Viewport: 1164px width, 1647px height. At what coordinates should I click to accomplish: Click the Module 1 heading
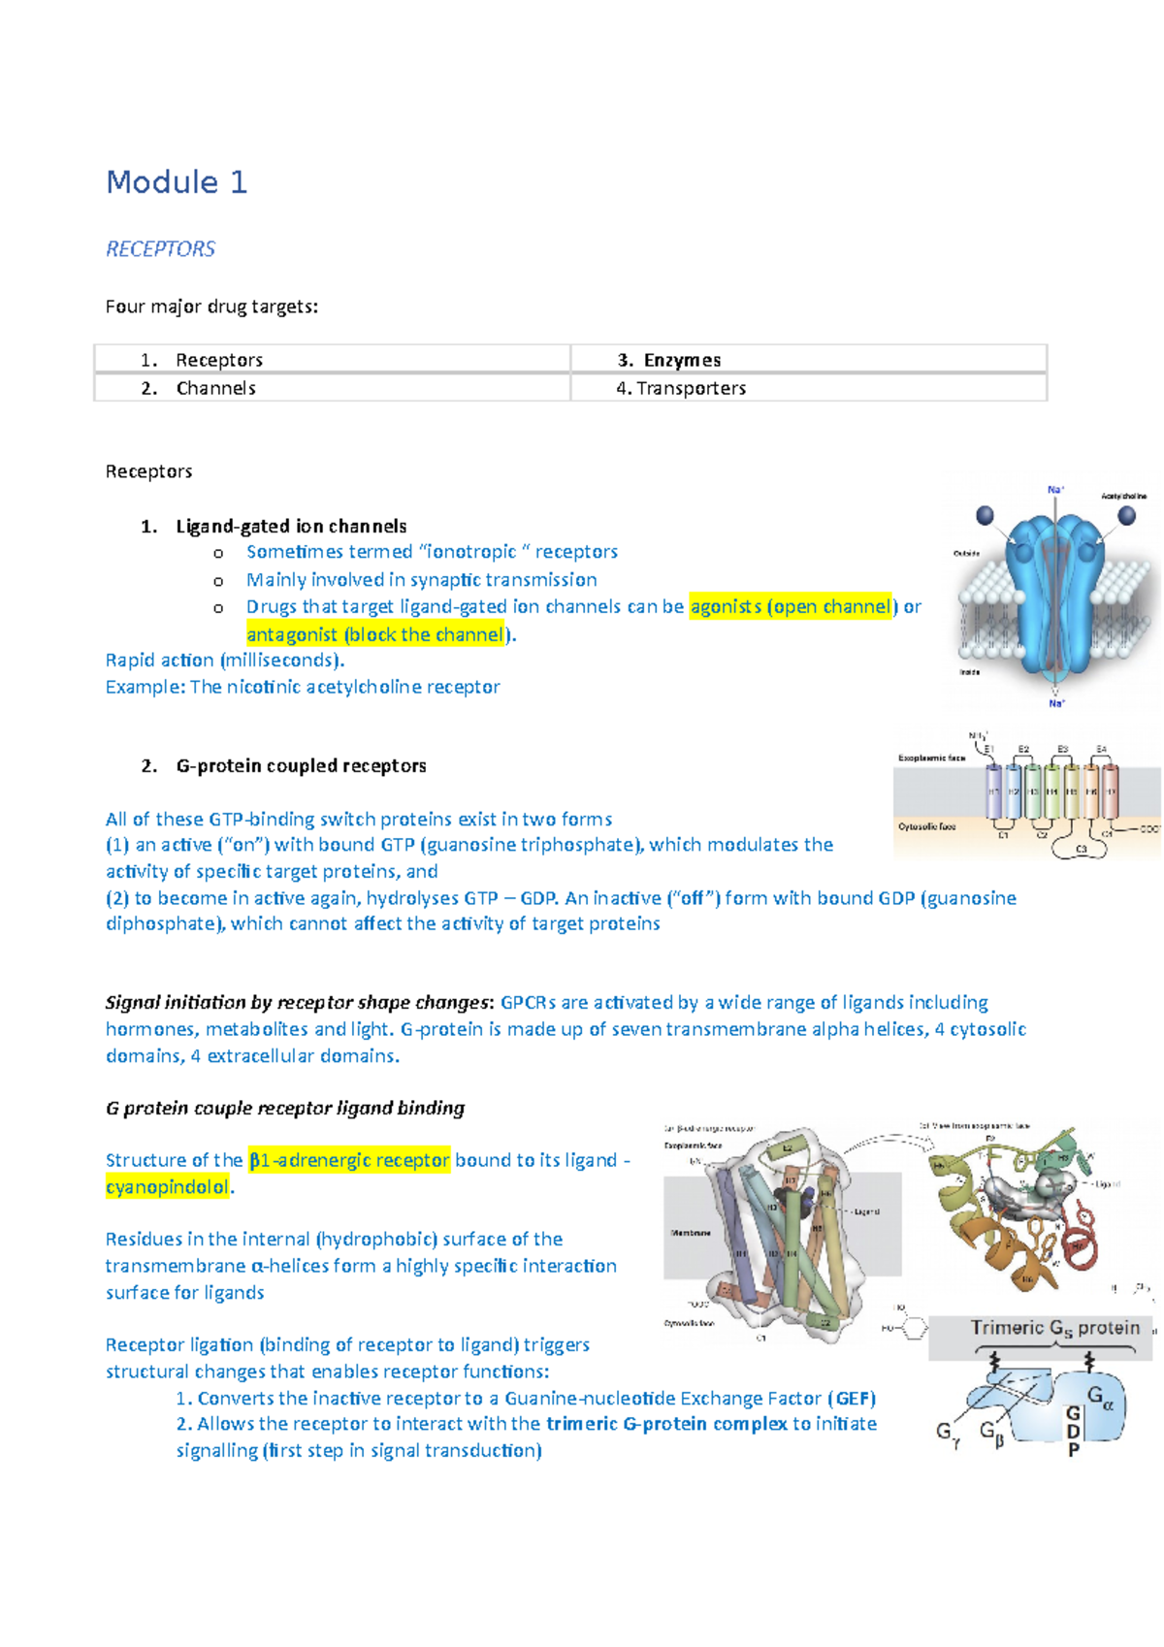[x=177, y=182]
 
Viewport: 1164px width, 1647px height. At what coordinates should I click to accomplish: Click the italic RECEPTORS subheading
[x=160, y=249]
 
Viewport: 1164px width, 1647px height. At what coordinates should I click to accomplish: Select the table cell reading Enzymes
[x=682, y=360]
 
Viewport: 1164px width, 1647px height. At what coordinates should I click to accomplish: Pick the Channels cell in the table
[x=215, y=388]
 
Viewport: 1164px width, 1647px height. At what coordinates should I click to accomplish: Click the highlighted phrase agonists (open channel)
[x=790, y=607]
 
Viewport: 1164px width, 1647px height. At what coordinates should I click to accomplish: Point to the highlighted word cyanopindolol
[x=167, y=1187]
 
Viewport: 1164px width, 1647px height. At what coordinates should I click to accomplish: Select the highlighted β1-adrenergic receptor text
[x=349, y=1160]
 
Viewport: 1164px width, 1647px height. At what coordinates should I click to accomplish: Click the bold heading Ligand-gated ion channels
[x=291, y=527]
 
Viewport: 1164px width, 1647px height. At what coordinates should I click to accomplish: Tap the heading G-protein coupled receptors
[x=301, y=766]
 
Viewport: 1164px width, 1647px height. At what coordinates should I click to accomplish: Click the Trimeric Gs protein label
[x=1054, y=1328]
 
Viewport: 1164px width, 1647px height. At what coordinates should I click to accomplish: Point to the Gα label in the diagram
[x=1100, y=1398]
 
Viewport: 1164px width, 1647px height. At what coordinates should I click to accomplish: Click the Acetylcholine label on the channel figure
[x=1123, y=496]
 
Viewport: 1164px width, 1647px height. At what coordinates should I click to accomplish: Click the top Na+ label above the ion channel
[x=1055, y=490]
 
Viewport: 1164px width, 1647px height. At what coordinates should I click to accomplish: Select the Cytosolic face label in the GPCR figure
[x=926, y=826]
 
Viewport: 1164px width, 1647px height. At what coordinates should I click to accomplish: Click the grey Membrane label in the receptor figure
[x=691, y=1233]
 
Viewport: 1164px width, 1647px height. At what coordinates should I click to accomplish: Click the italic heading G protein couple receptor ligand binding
[x=285, y=1108]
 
